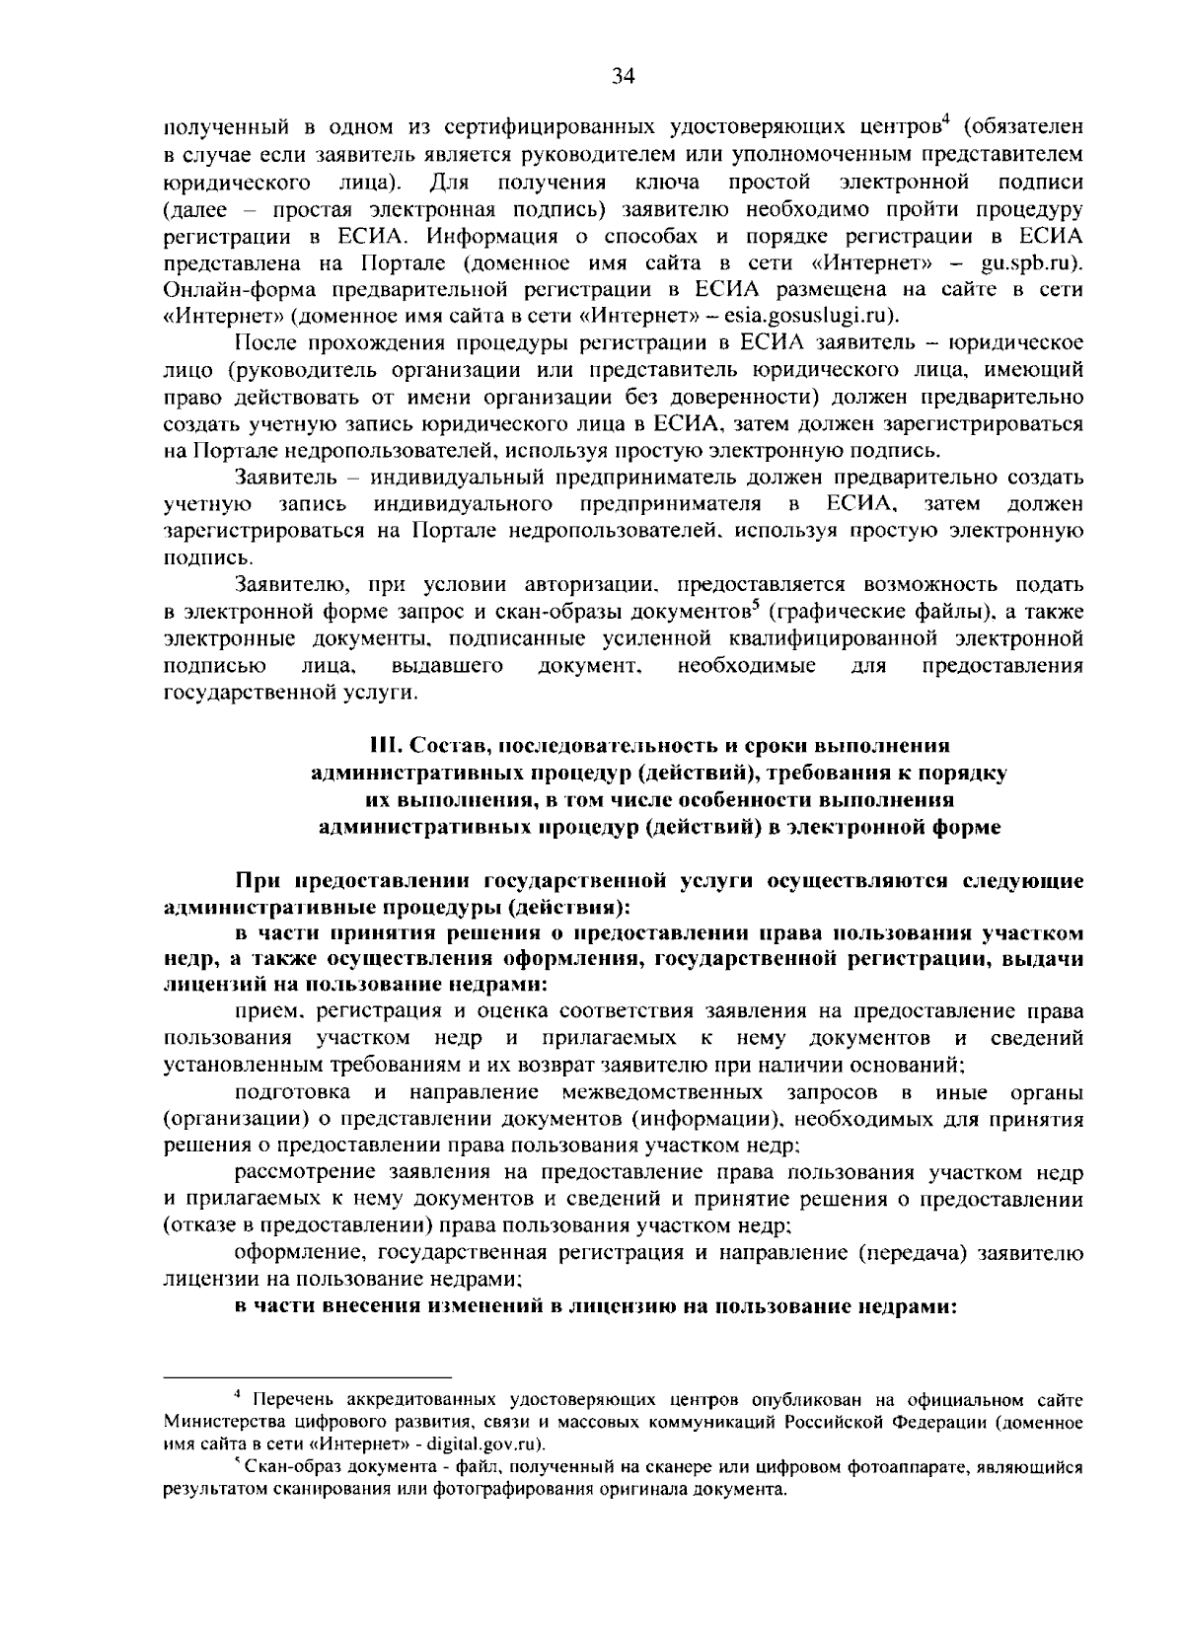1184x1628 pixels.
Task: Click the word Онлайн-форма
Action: coord(221,290)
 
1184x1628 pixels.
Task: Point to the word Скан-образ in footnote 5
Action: coord(284,1467)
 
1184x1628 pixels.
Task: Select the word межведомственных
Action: coord(661,1092)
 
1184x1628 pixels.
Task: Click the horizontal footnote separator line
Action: coord(307,1373)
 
